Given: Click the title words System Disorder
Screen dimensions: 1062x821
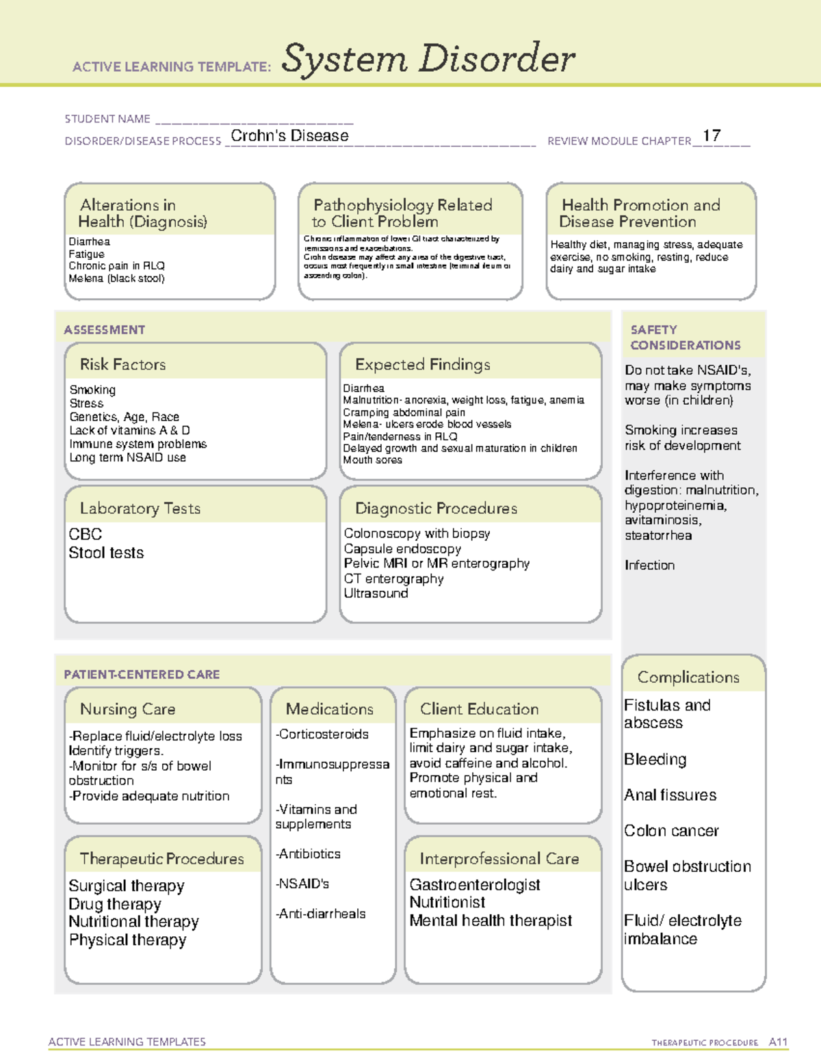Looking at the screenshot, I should (428, 59).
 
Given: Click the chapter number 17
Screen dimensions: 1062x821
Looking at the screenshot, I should (712, 135).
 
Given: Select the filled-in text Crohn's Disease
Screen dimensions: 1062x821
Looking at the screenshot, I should (289, 135).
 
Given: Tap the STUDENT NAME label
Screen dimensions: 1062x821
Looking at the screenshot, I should (107, 119).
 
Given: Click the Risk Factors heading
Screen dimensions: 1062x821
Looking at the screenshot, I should (122, 364).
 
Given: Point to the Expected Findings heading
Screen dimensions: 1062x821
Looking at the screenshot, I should (422, 364).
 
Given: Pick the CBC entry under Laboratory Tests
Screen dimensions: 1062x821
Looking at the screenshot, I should (86, 534).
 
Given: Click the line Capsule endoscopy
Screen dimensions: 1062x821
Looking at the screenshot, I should (402, 548).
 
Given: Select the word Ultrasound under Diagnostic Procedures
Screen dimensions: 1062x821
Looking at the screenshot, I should (376, 593).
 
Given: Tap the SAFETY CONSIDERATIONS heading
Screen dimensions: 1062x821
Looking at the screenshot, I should (685, 338).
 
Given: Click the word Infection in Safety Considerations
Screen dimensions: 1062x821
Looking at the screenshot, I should (649, 565).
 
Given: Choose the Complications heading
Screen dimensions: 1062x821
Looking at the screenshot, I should (688, 677).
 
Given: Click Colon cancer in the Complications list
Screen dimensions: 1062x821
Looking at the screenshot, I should (671, 831).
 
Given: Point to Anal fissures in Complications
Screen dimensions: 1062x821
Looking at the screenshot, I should (670, 795).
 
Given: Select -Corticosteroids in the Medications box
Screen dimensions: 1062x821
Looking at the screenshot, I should (322, 734).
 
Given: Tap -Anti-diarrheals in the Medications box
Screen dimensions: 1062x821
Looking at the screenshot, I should (321, 914).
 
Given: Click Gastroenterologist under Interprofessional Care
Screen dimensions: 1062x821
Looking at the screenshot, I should (475, 885).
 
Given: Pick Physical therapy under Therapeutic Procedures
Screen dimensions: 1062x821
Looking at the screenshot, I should (127, 940).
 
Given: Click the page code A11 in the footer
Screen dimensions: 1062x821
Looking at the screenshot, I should (778, 1042).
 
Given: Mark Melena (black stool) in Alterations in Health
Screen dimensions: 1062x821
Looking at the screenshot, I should (116, 278).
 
